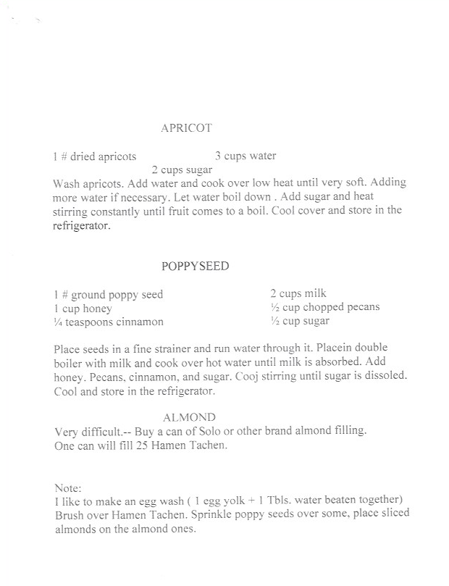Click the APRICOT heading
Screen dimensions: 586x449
[186, 128]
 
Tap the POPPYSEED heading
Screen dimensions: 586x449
[195, 266]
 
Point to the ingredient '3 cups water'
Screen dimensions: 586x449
[246, 156]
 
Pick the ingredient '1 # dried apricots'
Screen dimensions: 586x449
[94, 156]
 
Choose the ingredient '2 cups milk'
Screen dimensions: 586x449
[298, 293]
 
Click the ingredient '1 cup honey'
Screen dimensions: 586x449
[83, 308]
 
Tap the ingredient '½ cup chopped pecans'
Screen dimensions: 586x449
[324, 307]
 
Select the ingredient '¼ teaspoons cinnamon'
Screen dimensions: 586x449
[109, 322]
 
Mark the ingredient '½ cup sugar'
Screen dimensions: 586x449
[300, 321]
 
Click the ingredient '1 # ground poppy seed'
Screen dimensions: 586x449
[108, 294]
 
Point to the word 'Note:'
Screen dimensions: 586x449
[68, 488]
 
